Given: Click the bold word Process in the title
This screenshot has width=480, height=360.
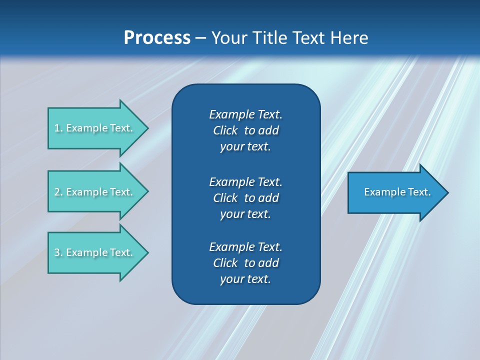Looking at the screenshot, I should point(157,38).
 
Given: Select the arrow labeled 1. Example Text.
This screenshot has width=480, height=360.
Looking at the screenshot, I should point(95,128).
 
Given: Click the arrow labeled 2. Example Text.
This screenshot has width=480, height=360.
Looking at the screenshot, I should point(95,192).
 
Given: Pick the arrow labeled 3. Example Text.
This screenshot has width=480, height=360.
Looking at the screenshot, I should point(95,252).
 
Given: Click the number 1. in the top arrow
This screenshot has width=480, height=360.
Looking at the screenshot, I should point(58,128).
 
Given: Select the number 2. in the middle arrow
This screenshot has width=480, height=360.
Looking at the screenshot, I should point(58,192).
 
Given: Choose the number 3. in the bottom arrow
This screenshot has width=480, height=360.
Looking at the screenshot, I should point(58,252).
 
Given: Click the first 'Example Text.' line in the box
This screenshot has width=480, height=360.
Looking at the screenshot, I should point(245,114).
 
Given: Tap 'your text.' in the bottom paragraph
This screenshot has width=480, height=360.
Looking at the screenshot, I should point(245,279).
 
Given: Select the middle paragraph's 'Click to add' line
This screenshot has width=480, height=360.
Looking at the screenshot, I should point(245,198).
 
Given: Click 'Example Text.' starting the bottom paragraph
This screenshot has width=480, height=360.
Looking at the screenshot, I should point(245,247).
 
